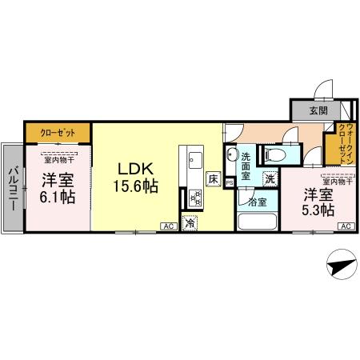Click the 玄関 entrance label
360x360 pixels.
[318, 110]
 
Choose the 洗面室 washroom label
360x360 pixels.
[249, 164]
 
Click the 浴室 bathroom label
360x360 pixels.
[257, 202]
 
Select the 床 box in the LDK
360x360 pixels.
[213, 179]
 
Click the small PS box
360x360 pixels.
[230, 182]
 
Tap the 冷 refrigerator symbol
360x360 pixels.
[190, 225]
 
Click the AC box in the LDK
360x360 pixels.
[168, 226]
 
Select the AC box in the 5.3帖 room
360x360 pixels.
[345, 227]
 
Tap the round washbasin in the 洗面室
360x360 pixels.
[231, 155]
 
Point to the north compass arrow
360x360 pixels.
[341, 264]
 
